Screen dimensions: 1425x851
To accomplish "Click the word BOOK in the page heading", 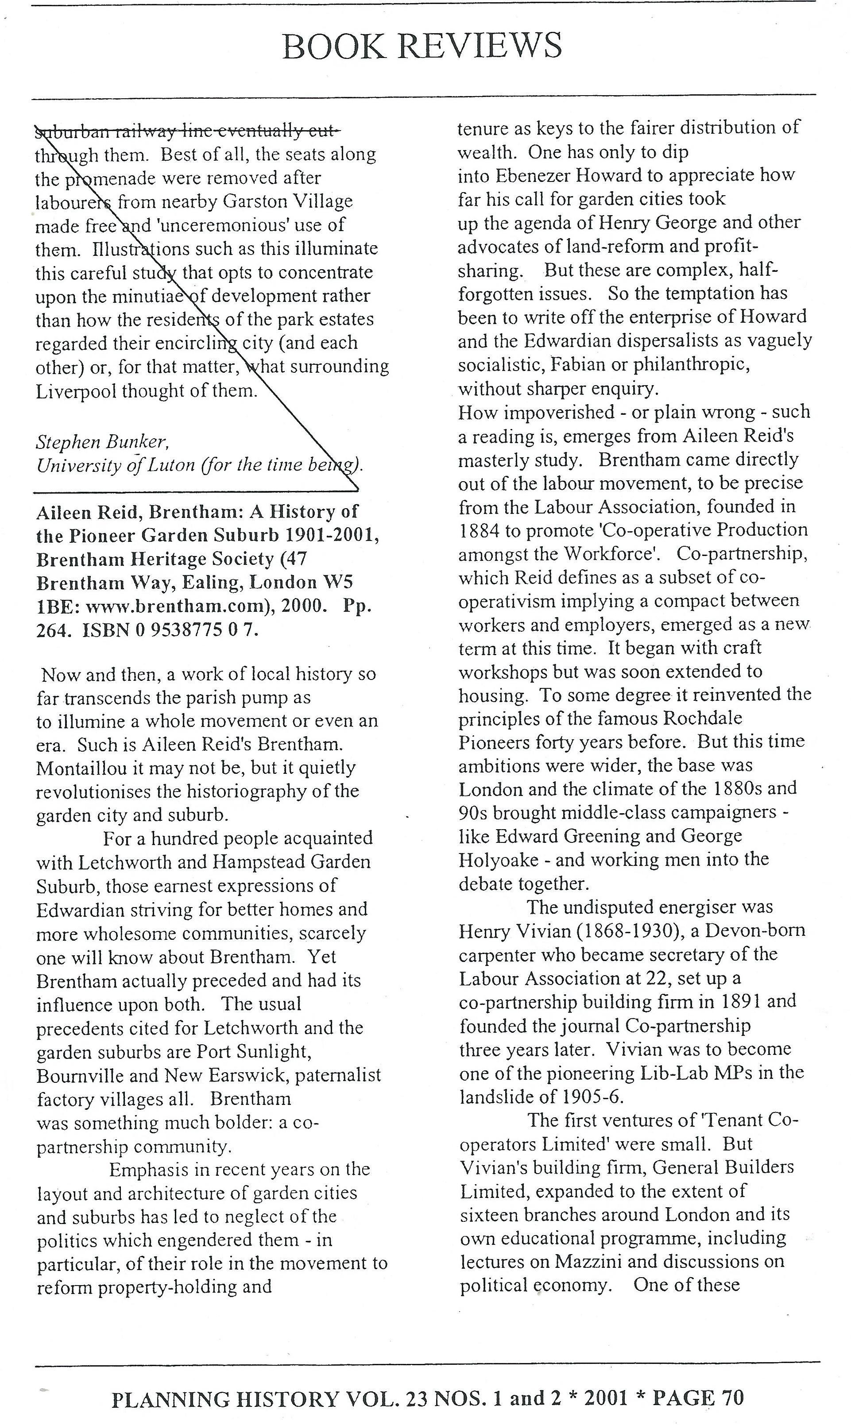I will pos(334,46).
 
